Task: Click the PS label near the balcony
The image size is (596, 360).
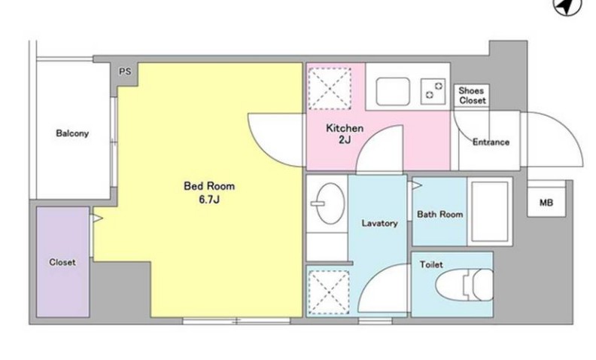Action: [125, 72]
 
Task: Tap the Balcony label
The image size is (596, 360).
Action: [72, 133]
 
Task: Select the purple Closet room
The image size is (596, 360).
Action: [63, 262]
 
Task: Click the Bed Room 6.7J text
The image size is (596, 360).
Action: [209, 193]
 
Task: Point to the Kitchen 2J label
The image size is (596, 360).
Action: [345, 133]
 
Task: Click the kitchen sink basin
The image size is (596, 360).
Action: [393, 91]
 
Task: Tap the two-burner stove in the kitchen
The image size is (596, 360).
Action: [433, 91]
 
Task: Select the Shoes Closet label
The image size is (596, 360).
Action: [472, 96]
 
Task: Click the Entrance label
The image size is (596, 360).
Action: [491, 142]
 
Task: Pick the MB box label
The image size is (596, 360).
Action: [546, 203]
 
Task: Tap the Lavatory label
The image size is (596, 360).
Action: [379, 223]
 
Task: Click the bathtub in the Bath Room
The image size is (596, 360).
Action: [490, 212]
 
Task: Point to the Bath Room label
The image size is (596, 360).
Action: [440, 214]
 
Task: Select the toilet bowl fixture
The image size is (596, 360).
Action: [464, 285]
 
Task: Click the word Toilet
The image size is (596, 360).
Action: [431, 264]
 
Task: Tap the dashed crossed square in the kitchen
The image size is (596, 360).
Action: [330, 89]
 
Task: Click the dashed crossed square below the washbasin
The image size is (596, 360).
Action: [329, 292]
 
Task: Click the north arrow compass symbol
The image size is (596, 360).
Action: [567, 6]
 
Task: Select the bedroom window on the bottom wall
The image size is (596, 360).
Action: [236, 321]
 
